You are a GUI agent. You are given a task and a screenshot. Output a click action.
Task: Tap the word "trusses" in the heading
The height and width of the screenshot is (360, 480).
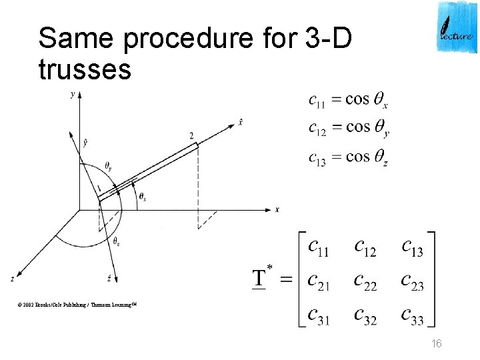[x=85, y=69]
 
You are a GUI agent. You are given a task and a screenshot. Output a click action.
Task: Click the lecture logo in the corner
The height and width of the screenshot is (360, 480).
[x=457, y=27]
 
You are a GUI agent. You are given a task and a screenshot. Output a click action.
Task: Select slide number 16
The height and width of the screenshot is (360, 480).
[x=437, y=343]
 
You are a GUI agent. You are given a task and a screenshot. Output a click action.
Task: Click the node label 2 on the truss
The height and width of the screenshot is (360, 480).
[x=191, y=136]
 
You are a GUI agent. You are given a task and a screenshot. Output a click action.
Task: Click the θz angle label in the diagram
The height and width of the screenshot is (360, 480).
[x=117, y=241]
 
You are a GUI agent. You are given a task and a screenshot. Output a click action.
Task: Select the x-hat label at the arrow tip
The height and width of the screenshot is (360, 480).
[x=240, y=121]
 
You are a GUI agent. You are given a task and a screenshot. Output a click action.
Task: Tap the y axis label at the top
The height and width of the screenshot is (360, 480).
[x=72, y=95]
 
